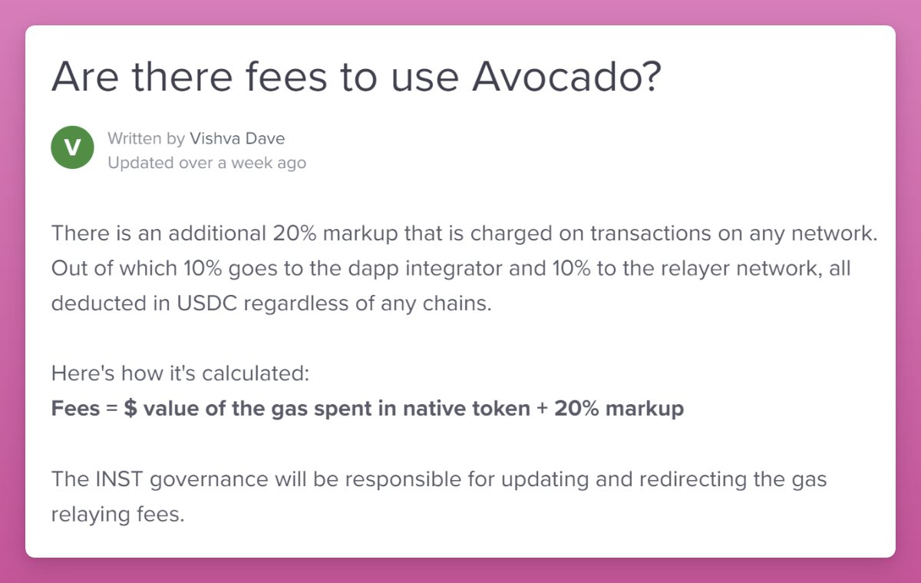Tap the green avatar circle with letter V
tap(73, 148)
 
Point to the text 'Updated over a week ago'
tap(206, 163)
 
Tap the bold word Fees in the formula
tap(75, 409)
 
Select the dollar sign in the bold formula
tap(130, 409)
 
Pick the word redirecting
tap(675, 480)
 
